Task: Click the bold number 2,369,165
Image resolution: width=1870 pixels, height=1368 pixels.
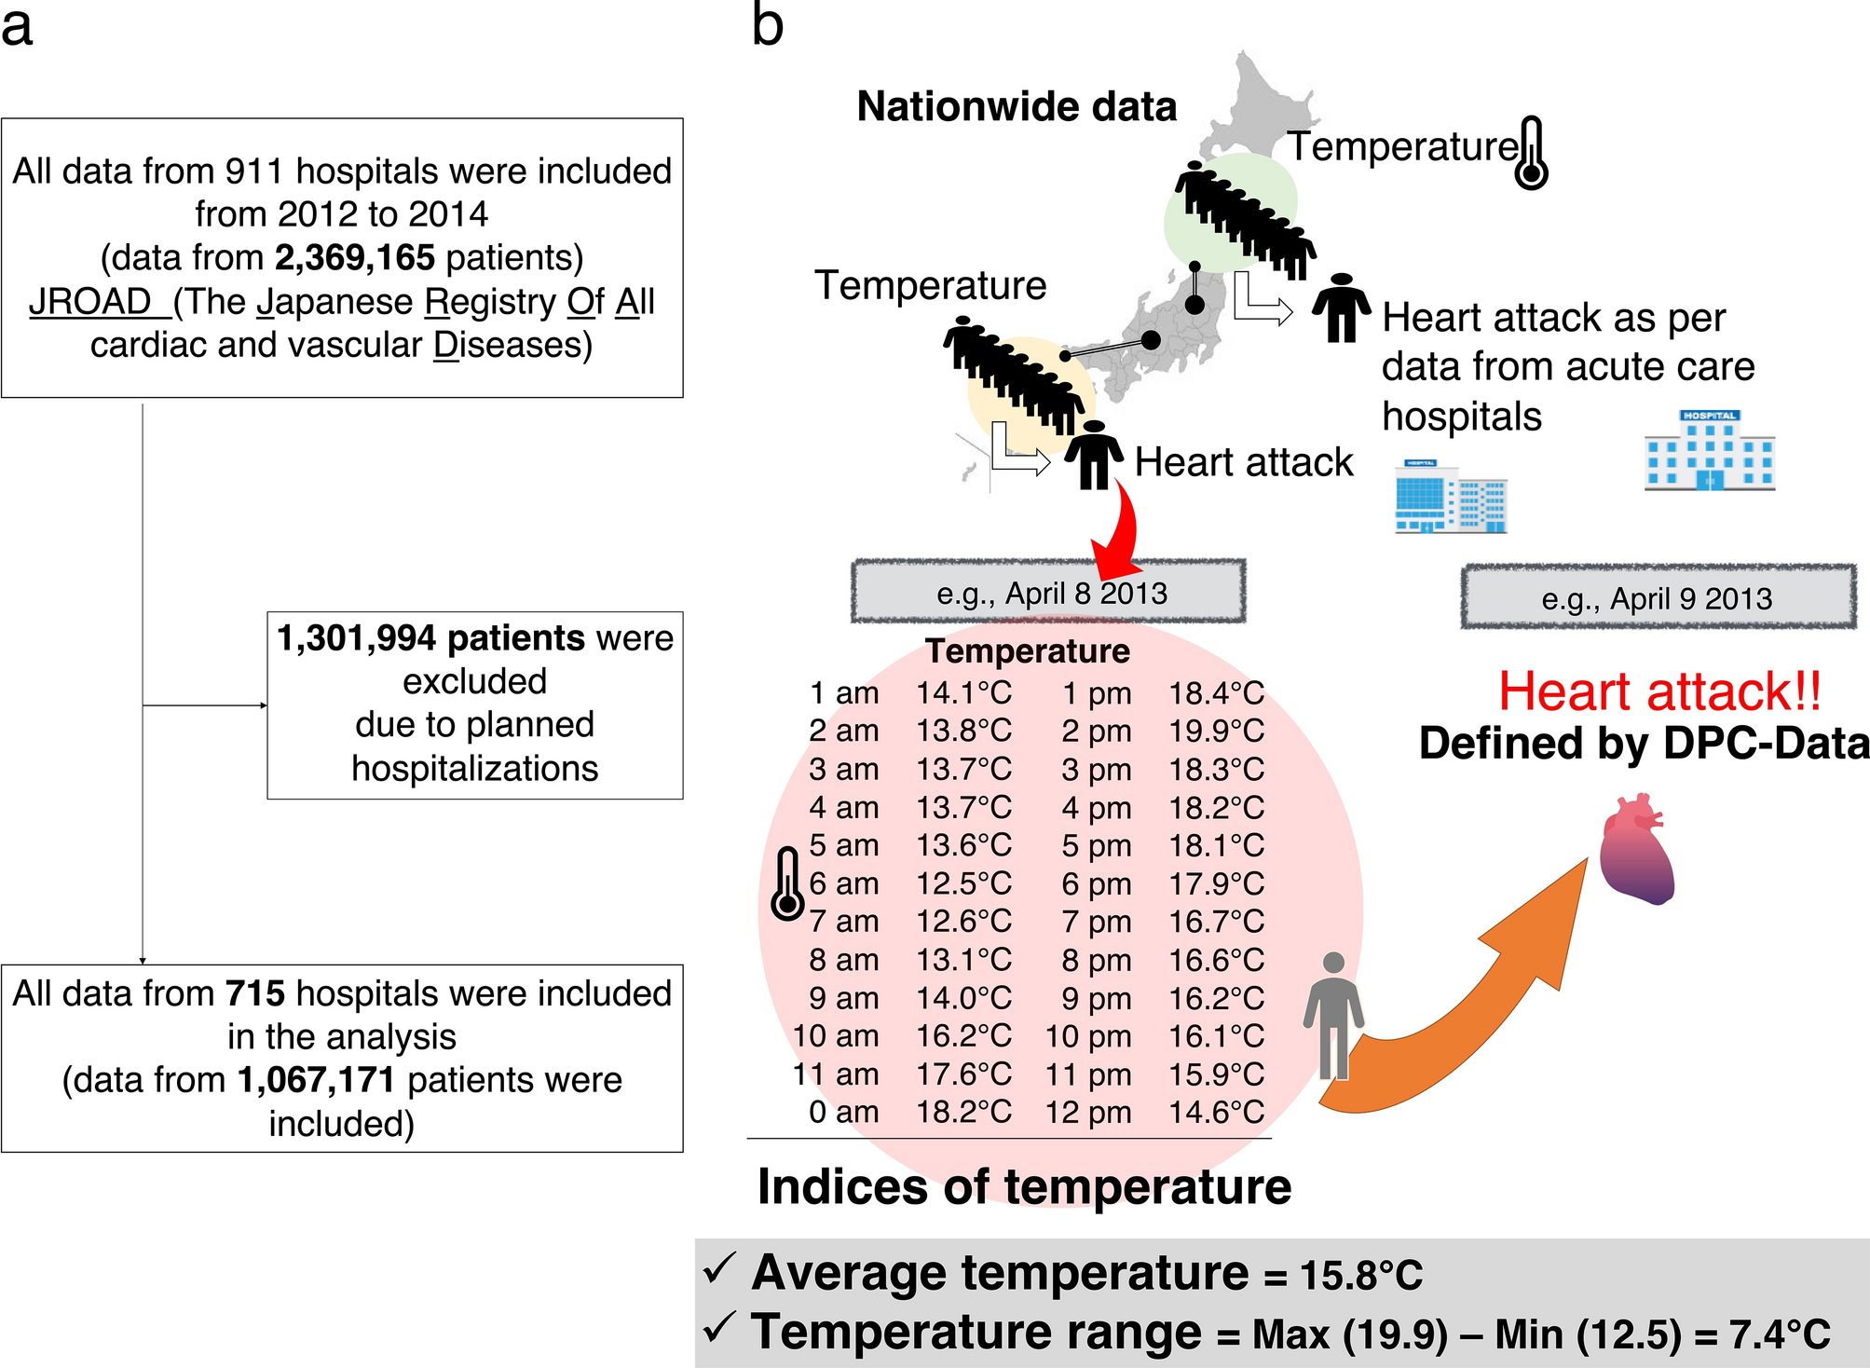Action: point(354,258)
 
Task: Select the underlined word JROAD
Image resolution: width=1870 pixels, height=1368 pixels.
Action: point(90,302)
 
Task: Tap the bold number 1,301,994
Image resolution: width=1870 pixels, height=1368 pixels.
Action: point(356,638)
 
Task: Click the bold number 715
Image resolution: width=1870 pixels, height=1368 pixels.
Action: point(254,993)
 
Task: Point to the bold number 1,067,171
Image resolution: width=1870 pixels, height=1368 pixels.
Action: point(316,1080)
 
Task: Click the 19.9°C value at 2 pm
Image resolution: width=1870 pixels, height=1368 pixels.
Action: point(1216,732)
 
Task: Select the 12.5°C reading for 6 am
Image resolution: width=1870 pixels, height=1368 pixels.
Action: point(963,883)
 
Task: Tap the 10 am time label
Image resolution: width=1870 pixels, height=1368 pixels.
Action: point(836,1036)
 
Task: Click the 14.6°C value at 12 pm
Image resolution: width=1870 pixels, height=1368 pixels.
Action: point(1216,1112)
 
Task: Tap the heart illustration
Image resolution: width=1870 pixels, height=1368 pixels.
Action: point(1636,849)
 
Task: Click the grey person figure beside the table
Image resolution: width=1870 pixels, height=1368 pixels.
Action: point(1333,1016)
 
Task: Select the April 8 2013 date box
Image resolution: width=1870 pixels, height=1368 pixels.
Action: point(1048,593)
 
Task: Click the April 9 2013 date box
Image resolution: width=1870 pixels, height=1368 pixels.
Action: point(1658,598)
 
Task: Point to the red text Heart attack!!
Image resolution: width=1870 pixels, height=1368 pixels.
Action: point(1659,692)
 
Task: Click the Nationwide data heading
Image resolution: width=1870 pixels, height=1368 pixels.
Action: point(1017,107)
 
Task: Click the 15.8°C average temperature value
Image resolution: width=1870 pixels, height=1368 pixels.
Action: point(1361,1275)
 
